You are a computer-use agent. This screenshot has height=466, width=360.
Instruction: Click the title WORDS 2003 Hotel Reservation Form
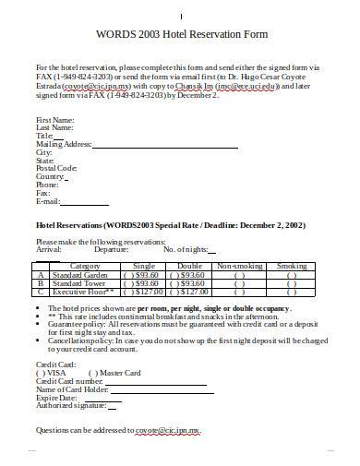[181, 34]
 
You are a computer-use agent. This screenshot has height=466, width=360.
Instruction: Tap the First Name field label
[54, 120]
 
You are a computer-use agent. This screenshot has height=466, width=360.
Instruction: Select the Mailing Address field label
[63, 144]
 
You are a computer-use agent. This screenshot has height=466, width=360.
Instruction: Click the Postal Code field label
[56, 168]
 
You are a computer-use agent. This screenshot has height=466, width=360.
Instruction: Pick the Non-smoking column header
[239, 266]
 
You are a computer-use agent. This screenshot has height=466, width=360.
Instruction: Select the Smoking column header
[292, 266]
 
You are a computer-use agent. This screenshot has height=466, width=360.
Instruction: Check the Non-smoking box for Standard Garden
[239, 274]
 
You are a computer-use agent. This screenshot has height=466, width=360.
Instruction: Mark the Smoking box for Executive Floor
[292, 291]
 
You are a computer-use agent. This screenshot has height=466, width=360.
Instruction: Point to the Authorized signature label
[70, 405]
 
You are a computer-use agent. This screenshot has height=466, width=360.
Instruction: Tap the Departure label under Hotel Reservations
[111, 249]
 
